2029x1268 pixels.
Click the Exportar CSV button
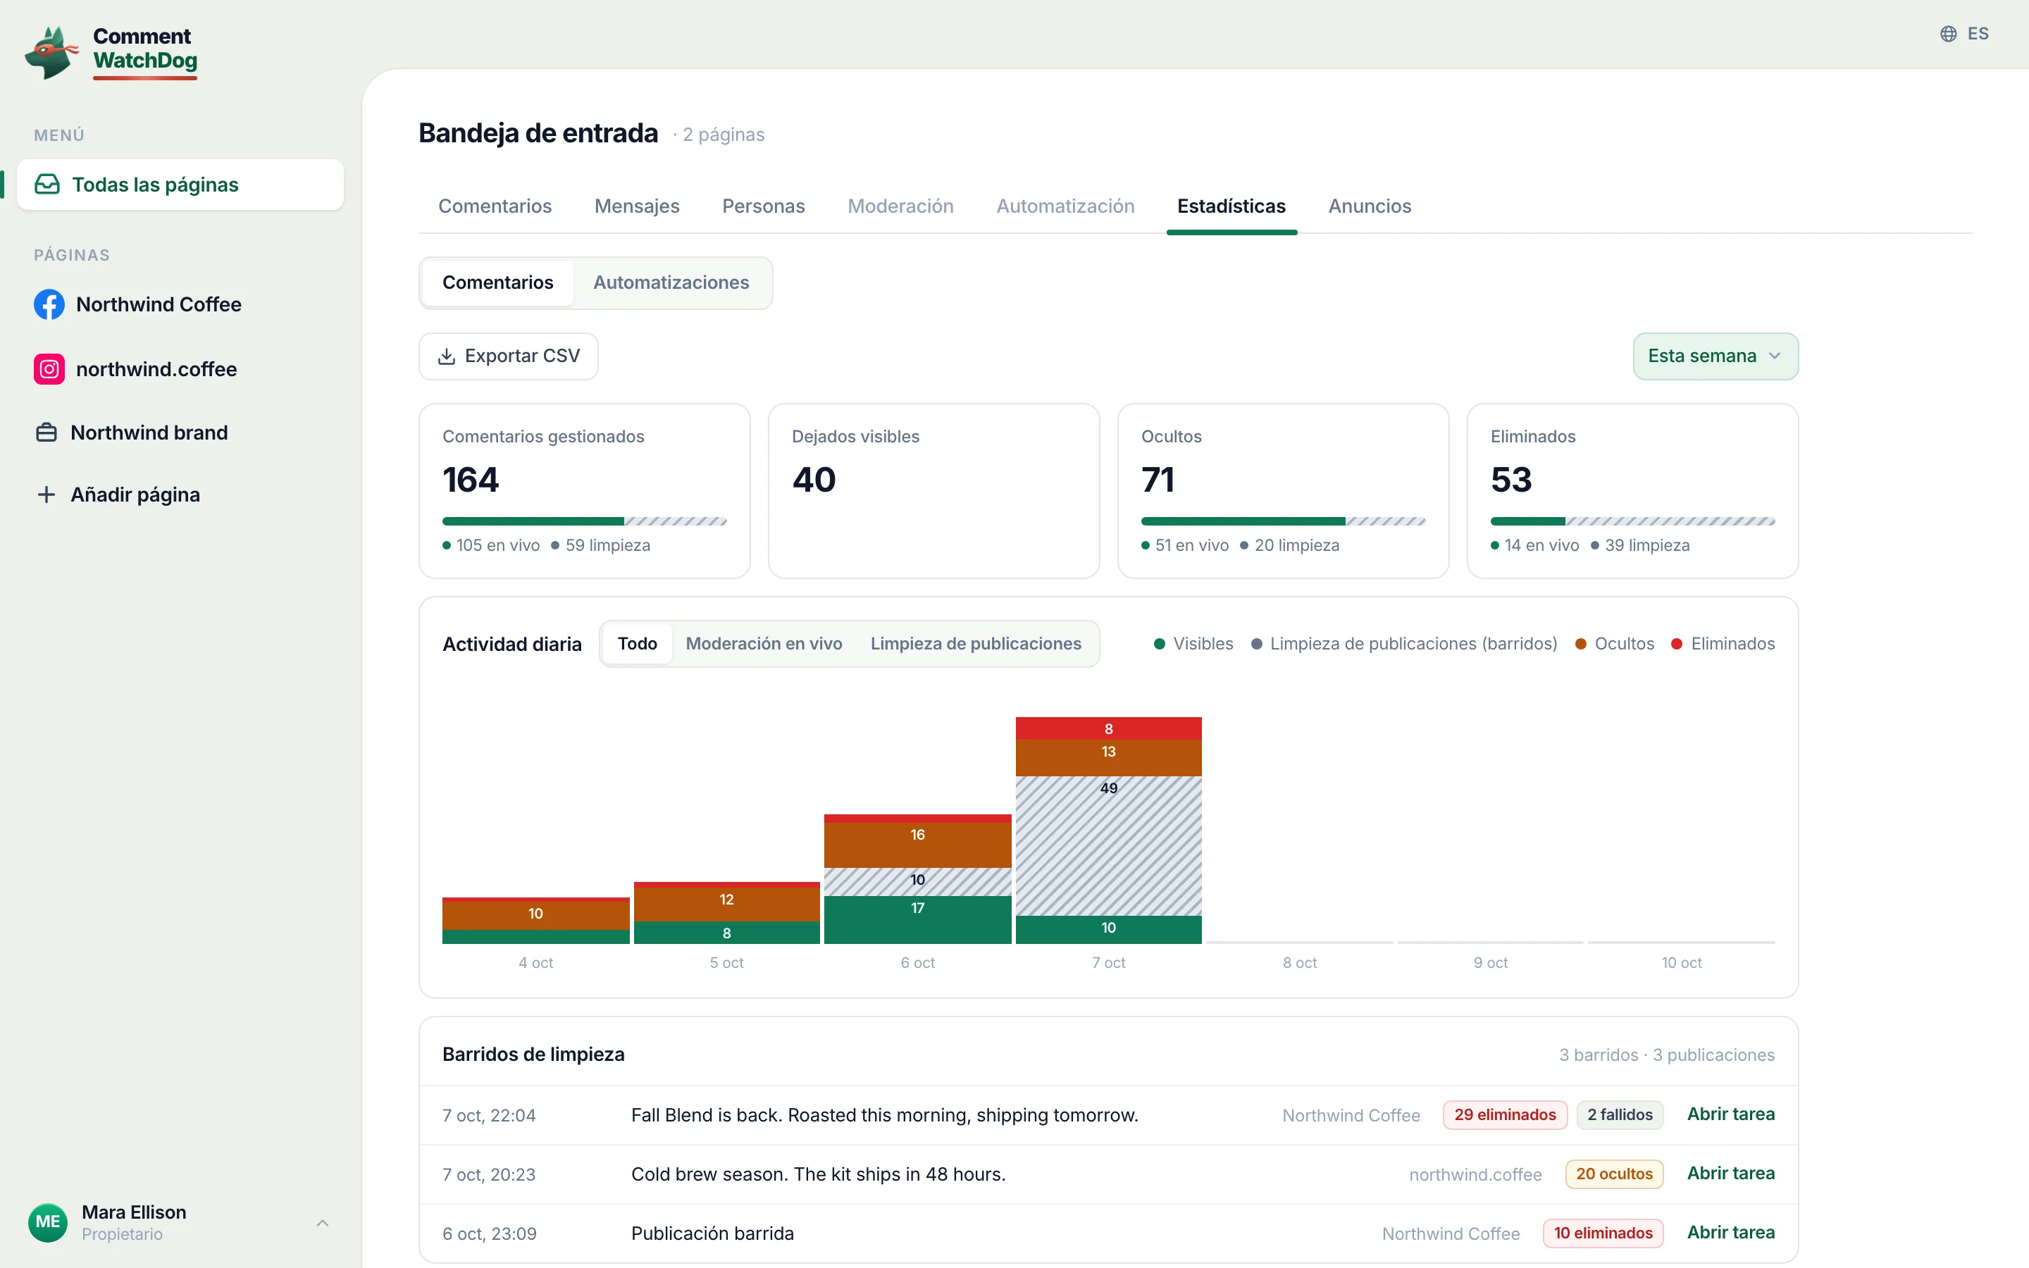(508, 356)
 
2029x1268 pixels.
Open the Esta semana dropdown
(1715, 356)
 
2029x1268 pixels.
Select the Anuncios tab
(1369, 206)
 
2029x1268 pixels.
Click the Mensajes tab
(636, 206)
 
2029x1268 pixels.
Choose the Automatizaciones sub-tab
(671, 282)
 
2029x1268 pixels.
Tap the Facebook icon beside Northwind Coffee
(49, 304)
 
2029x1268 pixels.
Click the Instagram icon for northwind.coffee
(49, 369)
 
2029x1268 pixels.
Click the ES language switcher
(1963, 34)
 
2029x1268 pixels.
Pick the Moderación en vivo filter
(764, 643)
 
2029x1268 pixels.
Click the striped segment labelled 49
(1108, 845)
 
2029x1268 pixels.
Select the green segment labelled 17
(917, 920)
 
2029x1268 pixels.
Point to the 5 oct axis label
(726, 963)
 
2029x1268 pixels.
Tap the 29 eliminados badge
(1505, 1115)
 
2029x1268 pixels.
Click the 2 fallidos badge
(1620, 1115)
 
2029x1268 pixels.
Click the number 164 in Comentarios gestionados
(471, 480)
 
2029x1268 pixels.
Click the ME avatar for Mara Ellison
(48, 1223)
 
